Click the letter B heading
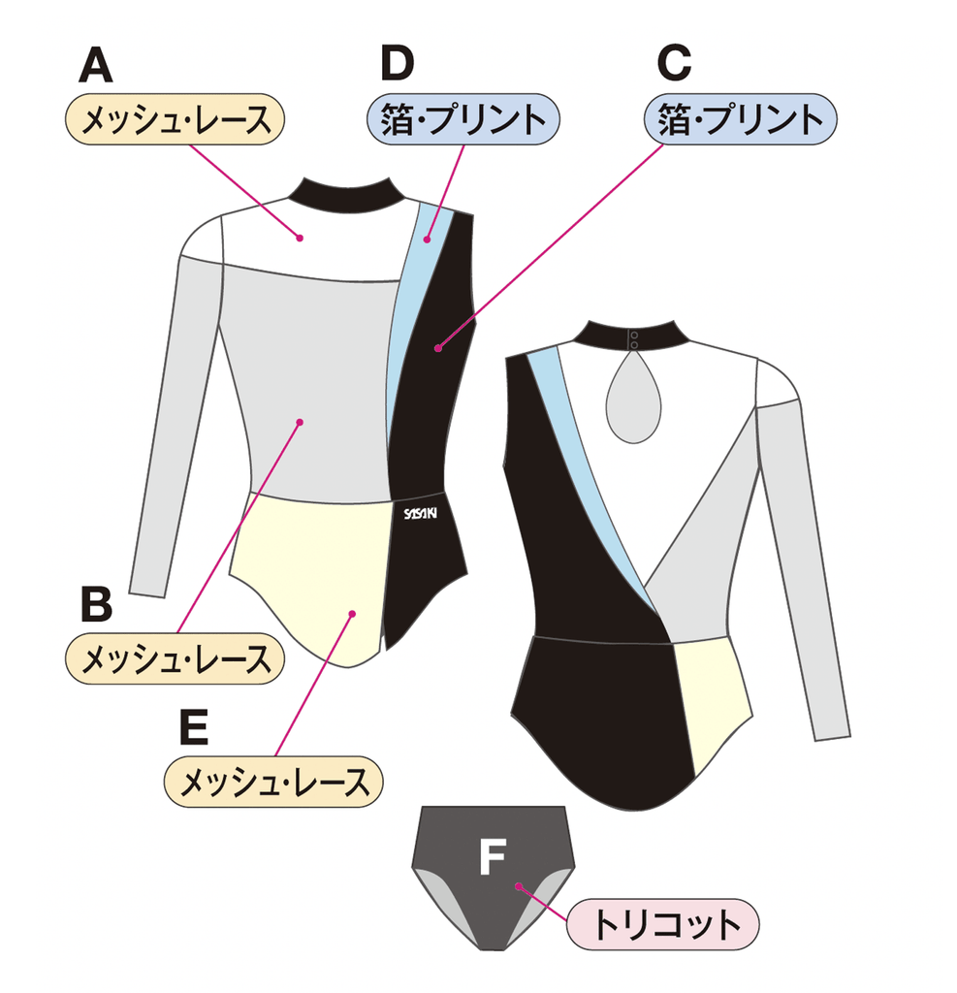click(x=96, y=603)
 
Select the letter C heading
click(x=673, y=65)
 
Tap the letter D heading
click(x=398, y=65)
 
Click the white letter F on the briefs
click(x=493, y=857)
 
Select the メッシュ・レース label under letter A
click(x=175, y=119)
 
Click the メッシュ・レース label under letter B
click(x=175, y=659)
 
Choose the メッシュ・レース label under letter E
click(x=274, y=781)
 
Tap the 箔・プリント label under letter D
click(x=463, y=119)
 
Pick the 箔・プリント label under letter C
click(x=741, y=119)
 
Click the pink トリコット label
click(x=664, y=924)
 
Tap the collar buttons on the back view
click(x=634, y=337)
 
